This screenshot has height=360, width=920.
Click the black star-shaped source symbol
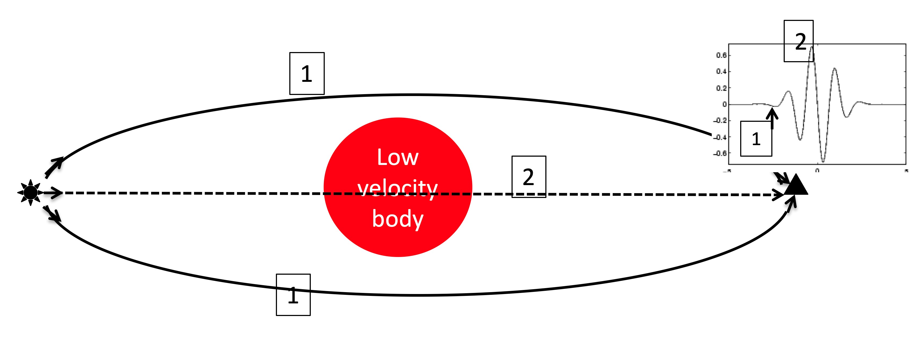point(30,193)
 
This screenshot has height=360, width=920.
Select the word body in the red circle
point(397,219)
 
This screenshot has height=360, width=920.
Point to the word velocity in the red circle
point(397,188)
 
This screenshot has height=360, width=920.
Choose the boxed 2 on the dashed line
point(529,177)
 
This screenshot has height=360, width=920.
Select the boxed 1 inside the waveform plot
point(756,139)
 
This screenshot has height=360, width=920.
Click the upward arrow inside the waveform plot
point(772,118)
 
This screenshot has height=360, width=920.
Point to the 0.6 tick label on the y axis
point(721,55)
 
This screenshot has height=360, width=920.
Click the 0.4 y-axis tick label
point(721,71)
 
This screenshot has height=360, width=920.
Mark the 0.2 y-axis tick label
point(721,88)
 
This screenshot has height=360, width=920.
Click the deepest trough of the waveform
point(823,161)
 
